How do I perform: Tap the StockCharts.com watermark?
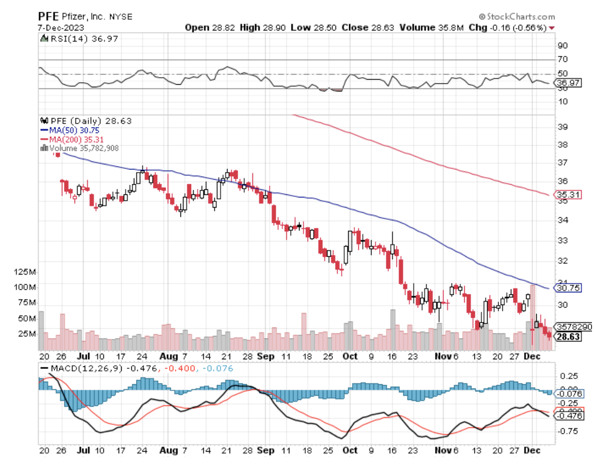point(517,17)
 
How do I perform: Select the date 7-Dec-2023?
point(61,27)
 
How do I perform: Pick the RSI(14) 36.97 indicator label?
point(80,39)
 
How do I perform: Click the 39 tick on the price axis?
point(562,126)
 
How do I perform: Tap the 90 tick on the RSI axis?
point(562,46)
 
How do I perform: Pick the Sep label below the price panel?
point(266,356)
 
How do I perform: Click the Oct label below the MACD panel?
point(350,450)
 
